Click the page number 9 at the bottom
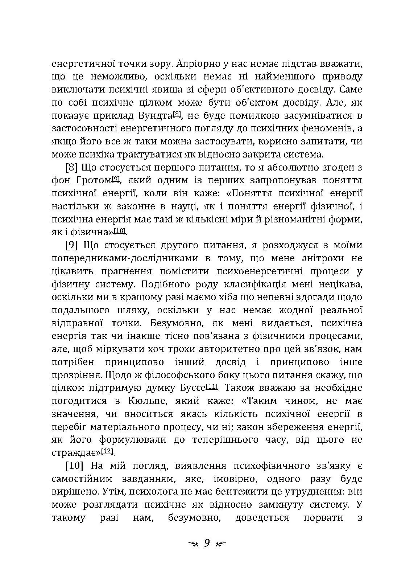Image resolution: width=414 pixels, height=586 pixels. point(207,543)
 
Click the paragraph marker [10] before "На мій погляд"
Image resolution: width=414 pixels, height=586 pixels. point(75,465)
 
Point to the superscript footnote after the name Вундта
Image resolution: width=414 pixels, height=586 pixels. point(177,114)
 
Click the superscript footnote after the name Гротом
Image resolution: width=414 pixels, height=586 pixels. point(116,179)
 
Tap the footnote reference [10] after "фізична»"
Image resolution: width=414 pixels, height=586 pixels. point(120,230)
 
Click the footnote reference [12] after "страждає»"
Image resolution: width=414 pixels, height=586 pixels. point(107,451)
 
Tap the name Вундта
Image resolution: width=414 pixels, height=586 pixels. point(156,116)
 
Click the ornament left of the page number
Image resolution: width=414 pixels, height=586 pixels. point(192,544)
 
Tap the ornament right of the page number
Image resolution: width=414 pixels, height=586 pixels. point(220,544)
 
